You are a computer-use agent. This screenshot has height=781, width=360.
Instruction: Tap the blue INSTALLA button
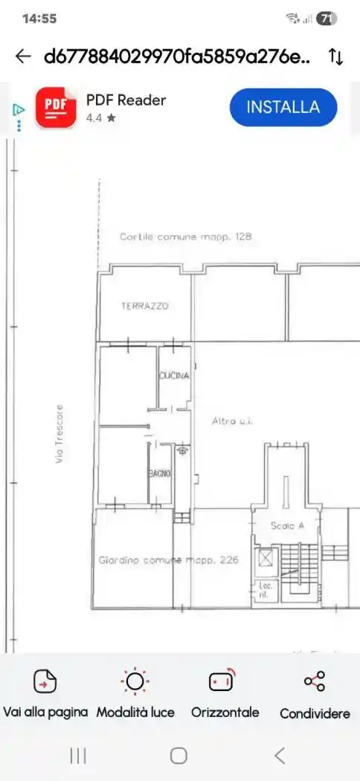283,107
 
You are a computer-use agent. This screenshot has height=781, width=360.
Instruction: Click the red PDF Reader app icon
56,108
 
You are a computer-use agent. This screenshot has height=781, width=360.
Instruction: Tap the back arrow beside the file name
23,57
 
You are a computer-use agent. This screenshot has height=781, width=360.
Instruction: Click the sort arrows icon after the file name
335,57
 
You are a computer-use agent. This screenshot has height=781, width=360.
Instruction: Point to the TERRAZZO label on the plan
145,306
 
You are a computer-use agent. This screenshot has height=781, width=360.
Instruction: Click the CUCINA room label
175,376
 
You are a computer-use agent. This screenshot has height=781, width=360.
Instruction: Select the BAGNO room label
160,473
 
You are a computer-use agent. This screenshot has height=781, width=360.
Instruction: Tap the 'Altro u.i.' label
233,421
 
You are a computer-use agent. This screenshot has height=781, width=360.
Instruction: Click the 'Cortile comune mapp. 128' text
186,237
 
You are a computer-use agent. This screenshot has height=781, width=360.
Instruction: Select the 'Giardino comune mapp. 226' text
169,559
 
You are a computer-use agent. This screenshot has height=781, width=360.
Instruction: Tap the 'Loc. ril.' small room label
265,590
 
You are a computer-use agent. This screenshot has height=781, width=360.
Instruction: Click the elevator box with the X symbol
265,557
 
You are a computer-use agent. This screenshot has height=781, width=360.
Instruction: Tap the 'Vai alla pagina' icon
45,681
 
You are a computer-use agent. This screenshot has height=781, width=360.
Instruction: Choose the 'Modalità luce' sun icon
135,681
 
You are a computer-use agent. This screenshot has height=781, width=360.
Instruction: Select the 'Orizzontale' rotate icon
223,681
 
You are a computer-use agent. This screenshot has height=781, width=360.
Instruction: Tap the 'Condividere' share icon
315,681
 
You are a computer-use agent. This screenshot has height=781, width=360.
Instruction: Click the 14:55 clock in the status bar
39,19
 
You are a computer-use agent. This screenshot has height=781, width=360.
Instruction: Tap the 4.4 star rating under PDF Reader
101,118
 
